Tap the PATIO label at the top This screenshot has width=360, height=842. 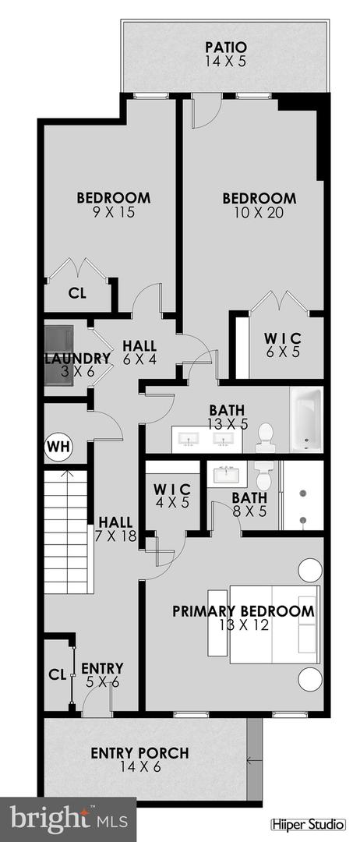(x=225, y=46)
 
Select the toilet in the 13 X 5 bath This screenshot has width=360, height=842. (x=266, y=437)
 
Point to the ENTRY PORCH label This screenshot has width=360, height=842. (x=139, y=753)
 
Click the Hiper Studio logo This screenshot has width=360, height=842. (x=311, y=824)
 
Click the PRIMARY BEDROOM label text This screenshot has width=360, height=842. (x=243, y=611)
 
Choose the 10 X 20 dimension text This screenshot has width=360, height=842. (x=259, y=212)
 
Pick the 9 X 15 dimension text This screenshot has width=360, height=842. (x=113, y=212)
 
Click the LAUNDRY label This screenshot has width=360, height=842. (x=76, y=359)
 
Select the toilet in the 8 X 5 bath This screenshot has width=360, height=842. (x=263, y=470)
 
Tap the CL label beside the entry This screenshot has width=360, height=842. (x=56, y=674)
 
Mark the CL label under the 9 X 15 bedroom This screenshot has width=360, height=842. (x=76, y=294)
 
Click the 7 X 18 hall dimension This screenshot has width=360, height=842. (x=113, y=536)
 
